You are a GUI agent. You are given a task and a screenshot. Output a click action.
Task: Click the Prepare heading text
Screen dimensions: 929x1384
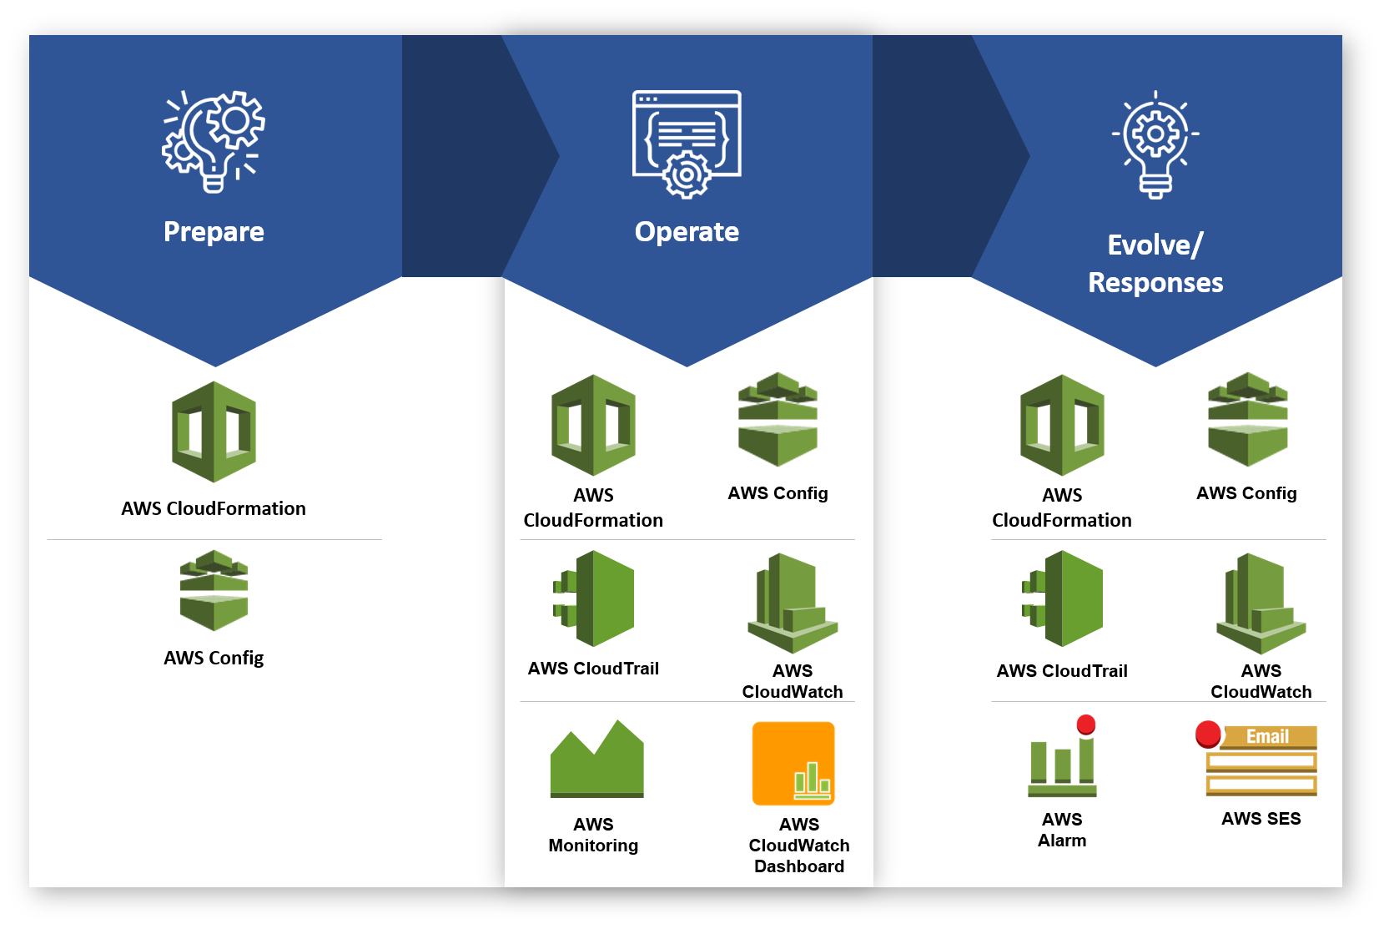[x=214, y=231]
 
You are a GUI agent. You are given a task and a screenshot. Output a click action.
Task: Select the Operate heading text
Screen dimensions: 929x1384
[x=687, y=231]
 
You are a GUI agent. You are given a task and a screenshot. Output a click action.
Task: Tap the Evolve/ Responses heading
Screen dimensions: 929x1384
[x=1155, y=264]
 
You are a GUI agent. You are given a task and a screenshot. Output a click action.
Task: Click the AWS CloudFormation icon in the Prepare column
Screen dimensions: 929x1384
[x=214, y=432]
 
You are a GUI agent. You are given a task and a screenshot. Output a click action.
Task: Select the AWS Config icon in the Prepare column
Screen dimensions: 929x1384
[x=214, y=590]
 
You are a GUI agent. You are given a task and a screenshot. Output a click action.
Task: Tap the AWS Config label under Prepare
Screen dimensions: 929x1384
[x=214, y=658]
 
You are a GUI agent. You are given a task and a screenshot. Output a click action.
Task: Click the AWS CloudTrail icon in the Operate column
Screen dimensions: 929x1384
[x=594, y=598]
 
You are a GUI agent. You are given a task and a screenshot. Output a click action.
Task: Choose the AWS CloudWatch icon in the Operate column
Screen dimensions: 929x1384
[x=792, y=603]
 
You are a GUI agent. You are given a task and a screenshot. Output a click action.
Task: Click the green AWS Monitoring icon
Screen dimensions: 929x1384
[x=596, y=760]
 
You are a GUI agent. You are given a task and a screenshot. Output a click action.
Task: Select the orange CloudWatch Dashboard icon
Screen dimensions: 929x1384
[x=793, y=764]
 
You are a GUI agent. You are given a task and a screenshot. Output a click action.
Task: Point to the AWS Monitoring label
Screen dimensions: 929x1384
[x=593, y=835]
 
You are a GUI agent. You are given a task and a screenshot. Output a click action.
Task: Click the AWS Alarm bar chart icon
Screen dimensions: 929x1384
[x=1062, y=764]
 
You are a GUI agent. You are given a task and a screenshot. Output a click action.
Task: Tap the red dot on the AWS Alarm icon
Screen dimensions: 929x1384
[x=1085, y=724]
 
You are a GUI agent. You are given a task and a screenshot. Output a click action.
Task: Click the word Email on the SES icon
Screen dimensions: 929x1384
[x=1267, y=736]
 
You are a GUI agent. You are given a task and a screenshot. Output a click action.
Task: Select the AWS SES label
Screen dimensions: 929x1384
[x=1261, y=819]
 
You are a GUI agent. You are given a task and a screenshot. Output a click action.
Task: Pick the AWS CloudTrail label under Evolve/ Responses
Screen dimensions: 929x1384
[x=1062, y=671]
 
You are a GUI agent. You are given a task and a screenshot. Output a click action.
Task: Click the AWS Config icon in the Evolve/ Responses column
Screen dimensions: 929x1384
[x=1247, y=419]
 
